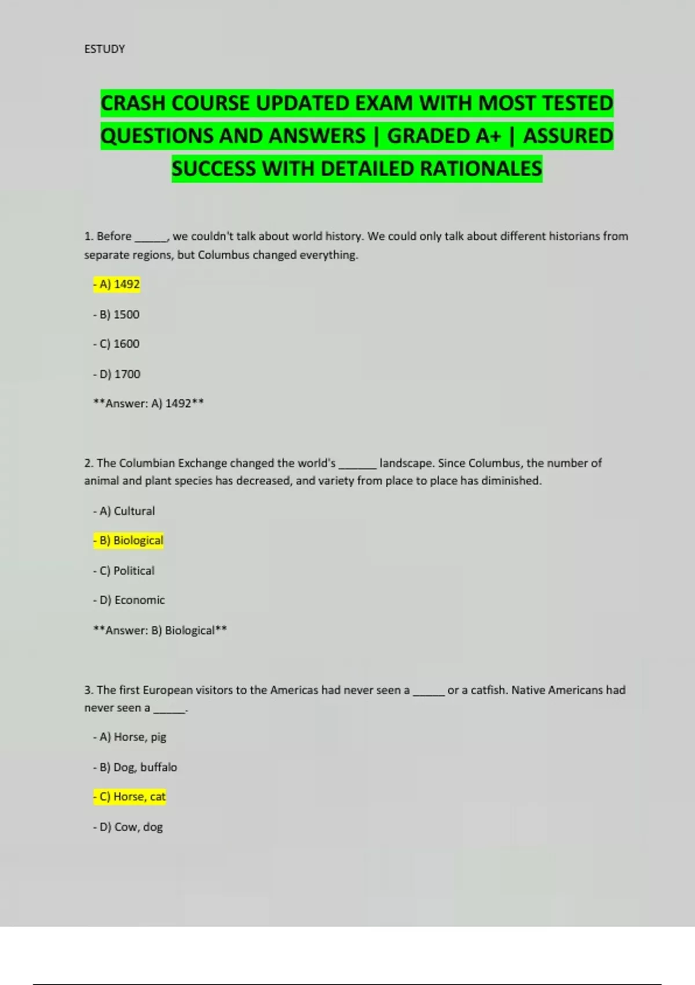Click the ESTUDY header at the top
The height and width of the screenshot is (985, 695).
coord(104,49)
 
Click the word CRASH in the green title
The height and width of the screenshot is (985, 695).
coord(133,103)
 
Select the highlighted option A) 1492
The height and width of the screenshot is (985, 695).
coord(116,284)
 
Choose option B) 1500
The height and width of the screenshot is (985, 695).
coord(116,315)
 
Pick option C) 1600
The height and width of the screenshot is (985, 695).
coord(116,344)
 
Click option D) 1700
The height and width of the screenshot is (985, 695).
coord(117,374)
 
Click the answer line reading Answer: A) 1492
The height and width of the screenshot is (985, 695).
coord(148,403)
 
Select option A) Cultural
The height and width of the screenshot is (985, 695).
coord(124,511)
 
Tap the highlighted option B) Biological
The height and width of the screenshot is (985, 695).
coord(129,541)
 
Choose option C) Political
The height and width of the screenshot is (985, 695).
coord(124,571)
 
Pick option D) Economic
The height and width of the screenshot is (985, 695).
coord(129,600)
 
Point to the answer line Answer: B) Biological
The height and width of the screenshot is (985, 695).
coord(160,630)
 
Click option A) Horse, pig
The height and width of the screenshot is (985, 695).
coord(130,737)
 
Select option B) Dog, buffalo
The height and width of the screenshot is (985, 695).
coord(135,767)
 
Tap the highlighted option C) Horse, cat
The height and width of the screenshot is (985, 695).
coord(130,797)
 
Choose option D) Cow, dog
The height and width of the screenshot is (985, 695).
coord(128,827)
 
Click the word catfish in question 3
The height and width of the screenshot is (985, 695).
coord(488,690)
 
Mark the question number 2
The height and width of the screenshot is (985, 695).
coord(88,464)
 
